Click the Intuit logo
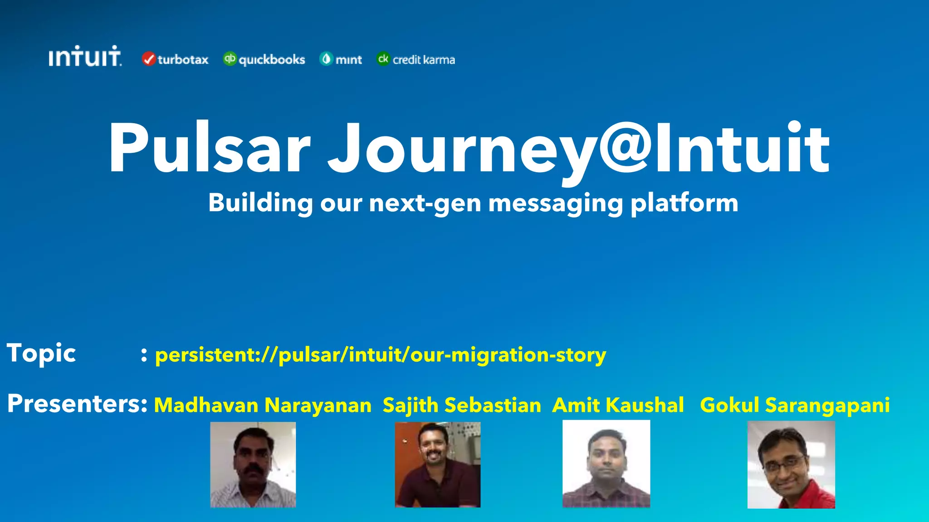click(x=85, y=57)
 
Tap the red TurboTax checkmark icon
click(x=148, y=59)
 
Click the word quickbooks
click(x=272, y=60)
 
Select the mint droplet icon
click(x=326, y=59)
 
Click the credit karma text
click(x=423, y=60)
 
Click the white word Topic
click(x=41, y=353)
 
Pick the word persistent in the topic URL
click(x=205, y=355)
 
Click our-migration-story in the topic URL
click(x=508, y=355)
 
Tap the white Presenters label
click(x=77, y=403)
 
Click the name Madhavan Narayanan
click(x=263, y=405)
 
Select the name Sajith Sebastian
click(x=462, y=405)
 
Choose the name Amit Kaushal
click(x=618, y=405)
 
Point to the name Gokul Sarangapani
click(x=795, y=405)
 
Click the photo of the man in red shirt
click(x=791, y=464)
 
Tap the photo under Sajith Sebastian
click(x=437, y=464)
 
